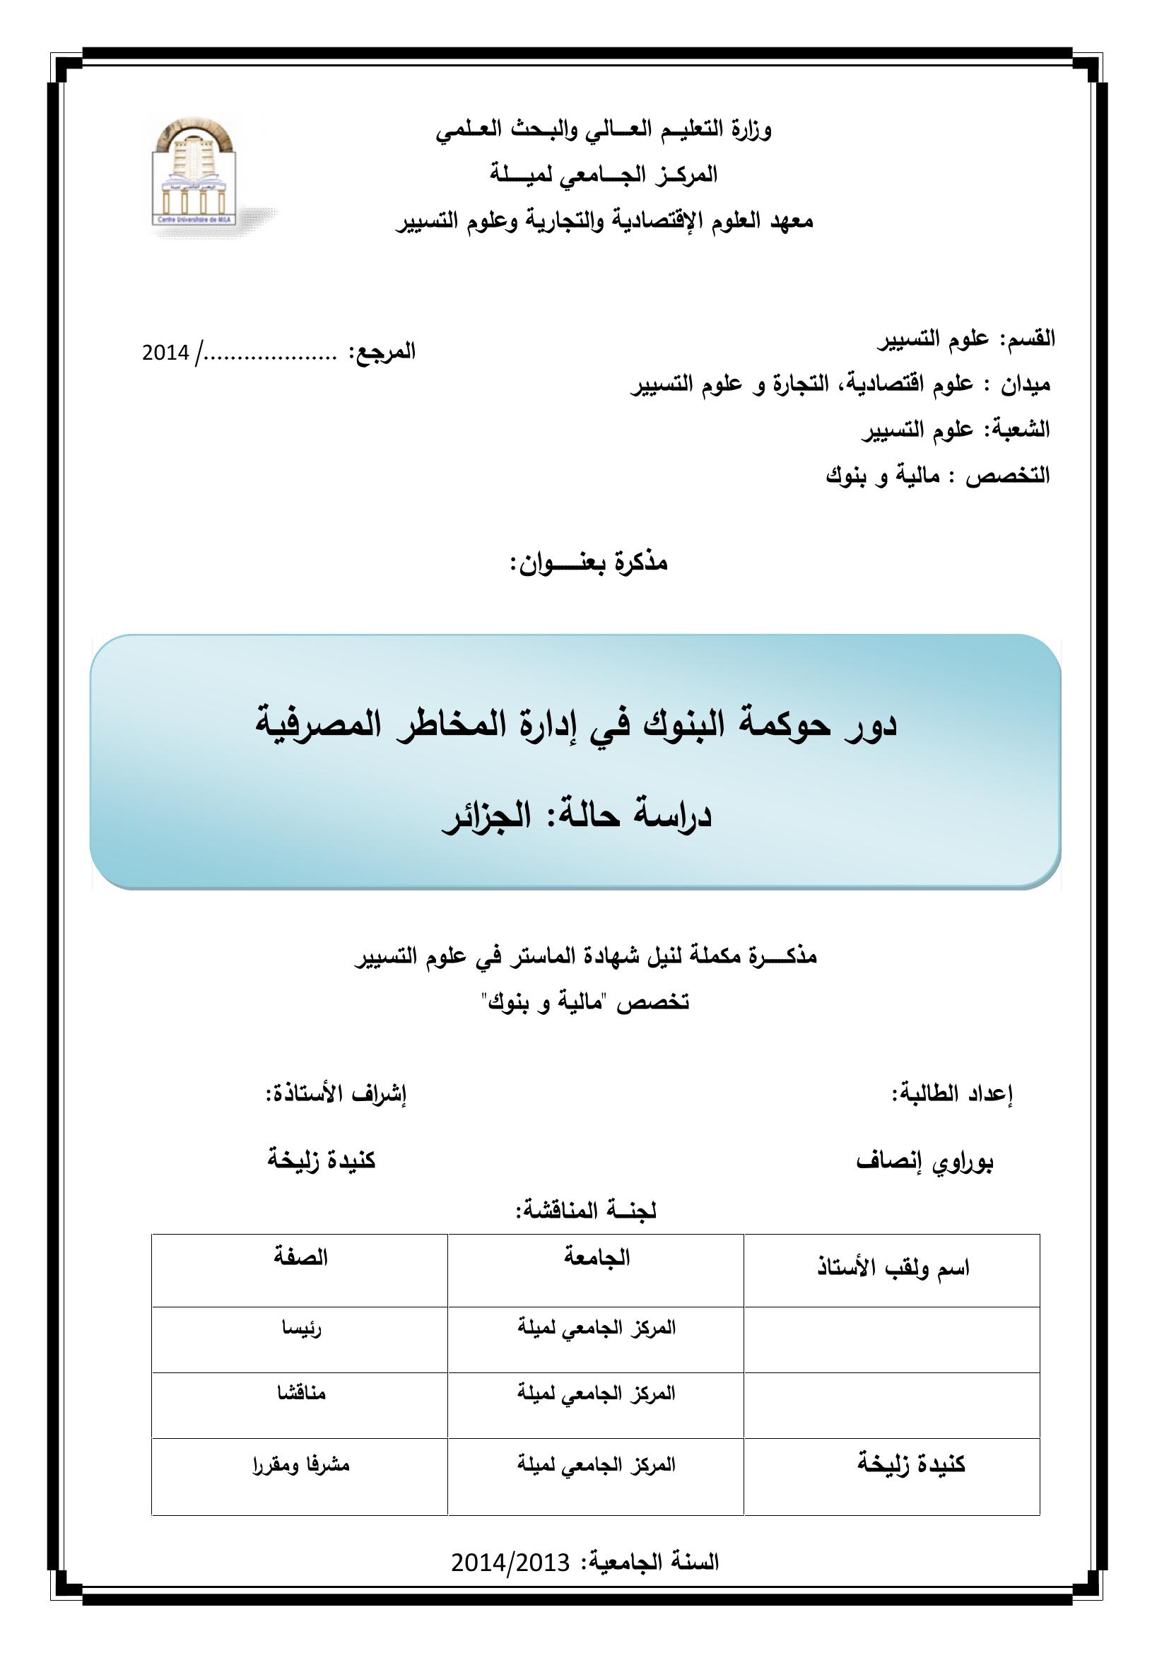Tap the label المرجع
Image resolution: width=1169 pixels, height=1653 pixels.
pyautogui.click(x=382, y=352)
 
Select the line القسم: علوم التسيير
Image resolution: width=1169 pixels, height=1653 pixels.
pyautogui.click(x=965, y=339)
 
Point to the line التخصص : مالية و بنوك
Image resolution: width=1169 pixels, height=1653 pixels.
pyautogui.click(x=938, y=475)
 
